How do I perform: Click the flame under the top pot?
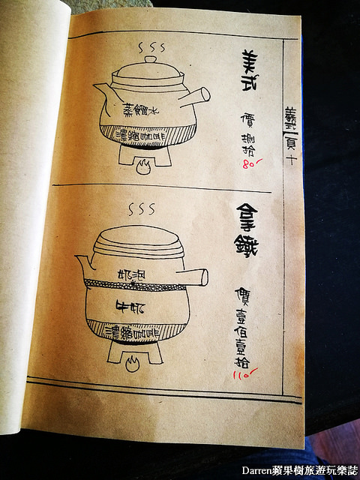pos(143,169)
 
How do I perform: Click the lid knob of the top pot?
pos(151,59)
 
